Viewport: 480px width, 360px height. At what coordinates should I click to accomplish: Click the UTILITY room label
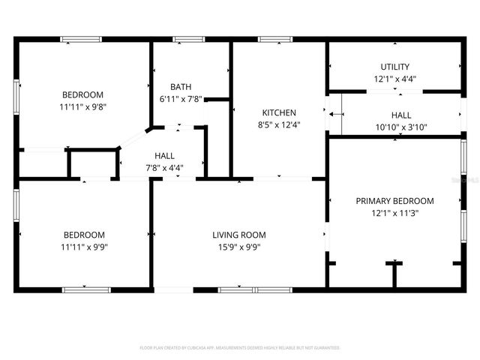click(394, 67)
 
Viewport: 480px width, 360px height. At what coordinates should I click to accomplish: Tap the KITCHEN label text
click(278, 113)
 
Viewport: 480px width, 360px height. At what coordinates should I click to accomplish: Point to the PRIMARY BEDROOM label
click(394, 201)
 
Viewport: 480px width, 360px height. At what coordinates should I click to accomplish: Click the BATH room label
click(180, 87)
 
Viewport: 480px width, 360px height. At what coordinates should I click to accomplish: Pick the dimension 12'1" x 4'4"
click(394, 79)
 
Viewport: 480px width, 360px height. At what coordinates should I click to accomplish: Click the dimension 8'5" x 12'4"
click(278, 125)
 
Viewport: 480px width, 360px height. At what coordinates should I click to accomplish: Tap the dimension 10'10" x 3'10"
click(400, 127)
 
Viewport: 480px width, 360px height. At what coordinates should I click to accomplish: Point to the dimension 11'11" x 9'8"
click(82, 107)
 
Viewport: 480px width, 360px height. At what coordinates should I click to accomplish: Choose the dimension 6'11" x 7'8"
click(180, 99)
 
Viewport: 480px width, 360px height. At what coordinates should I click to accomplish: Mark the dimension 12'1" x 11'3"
click(394, 213)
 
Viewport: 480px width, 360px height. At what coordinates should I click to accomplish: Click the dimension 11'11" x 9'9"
click(82, 247)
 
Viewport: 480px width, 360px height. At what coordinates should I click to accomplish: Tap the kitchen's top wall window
click(274, 39)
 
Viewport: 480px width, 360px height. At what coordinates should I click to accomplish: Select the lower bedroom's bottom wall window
click(86, 289)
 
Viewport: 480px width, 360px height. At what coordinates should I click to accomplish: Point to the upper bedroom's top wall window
click(82, 39)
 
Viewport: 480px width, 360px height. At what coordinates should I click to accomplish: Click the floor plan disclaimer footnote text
click(240, 348)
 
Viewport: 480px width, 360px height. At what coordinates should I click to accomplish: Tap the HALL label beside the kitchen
click(400, 115)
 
